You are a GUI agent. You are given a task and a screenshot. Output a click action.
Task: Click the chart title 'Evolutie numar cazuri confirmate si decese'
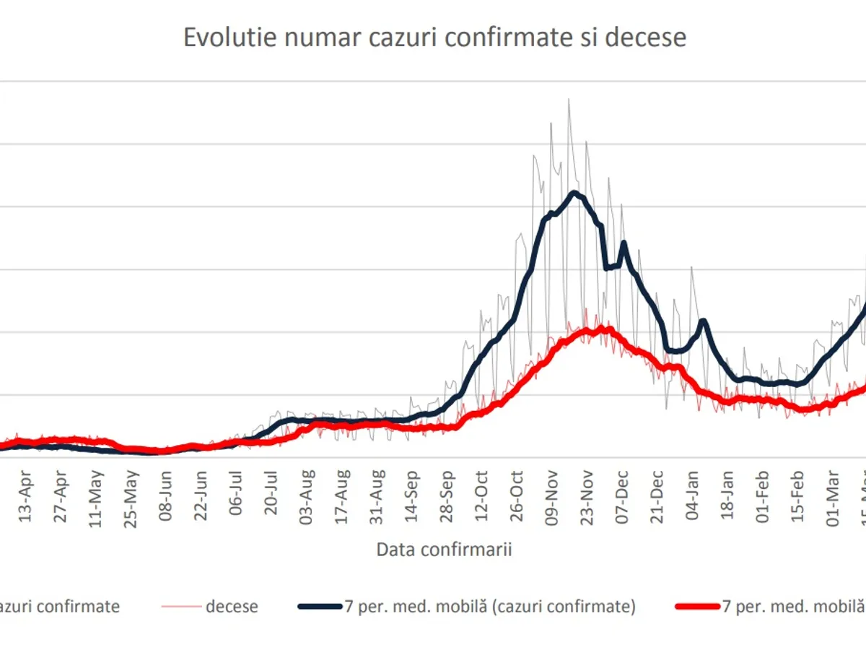point(434,38)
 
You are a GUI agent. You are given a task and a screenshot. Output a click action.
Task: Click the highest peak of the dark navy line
point(574,192)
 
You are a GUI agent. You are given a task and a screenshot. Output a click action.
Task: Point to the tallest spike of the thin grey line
point(569,100)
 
